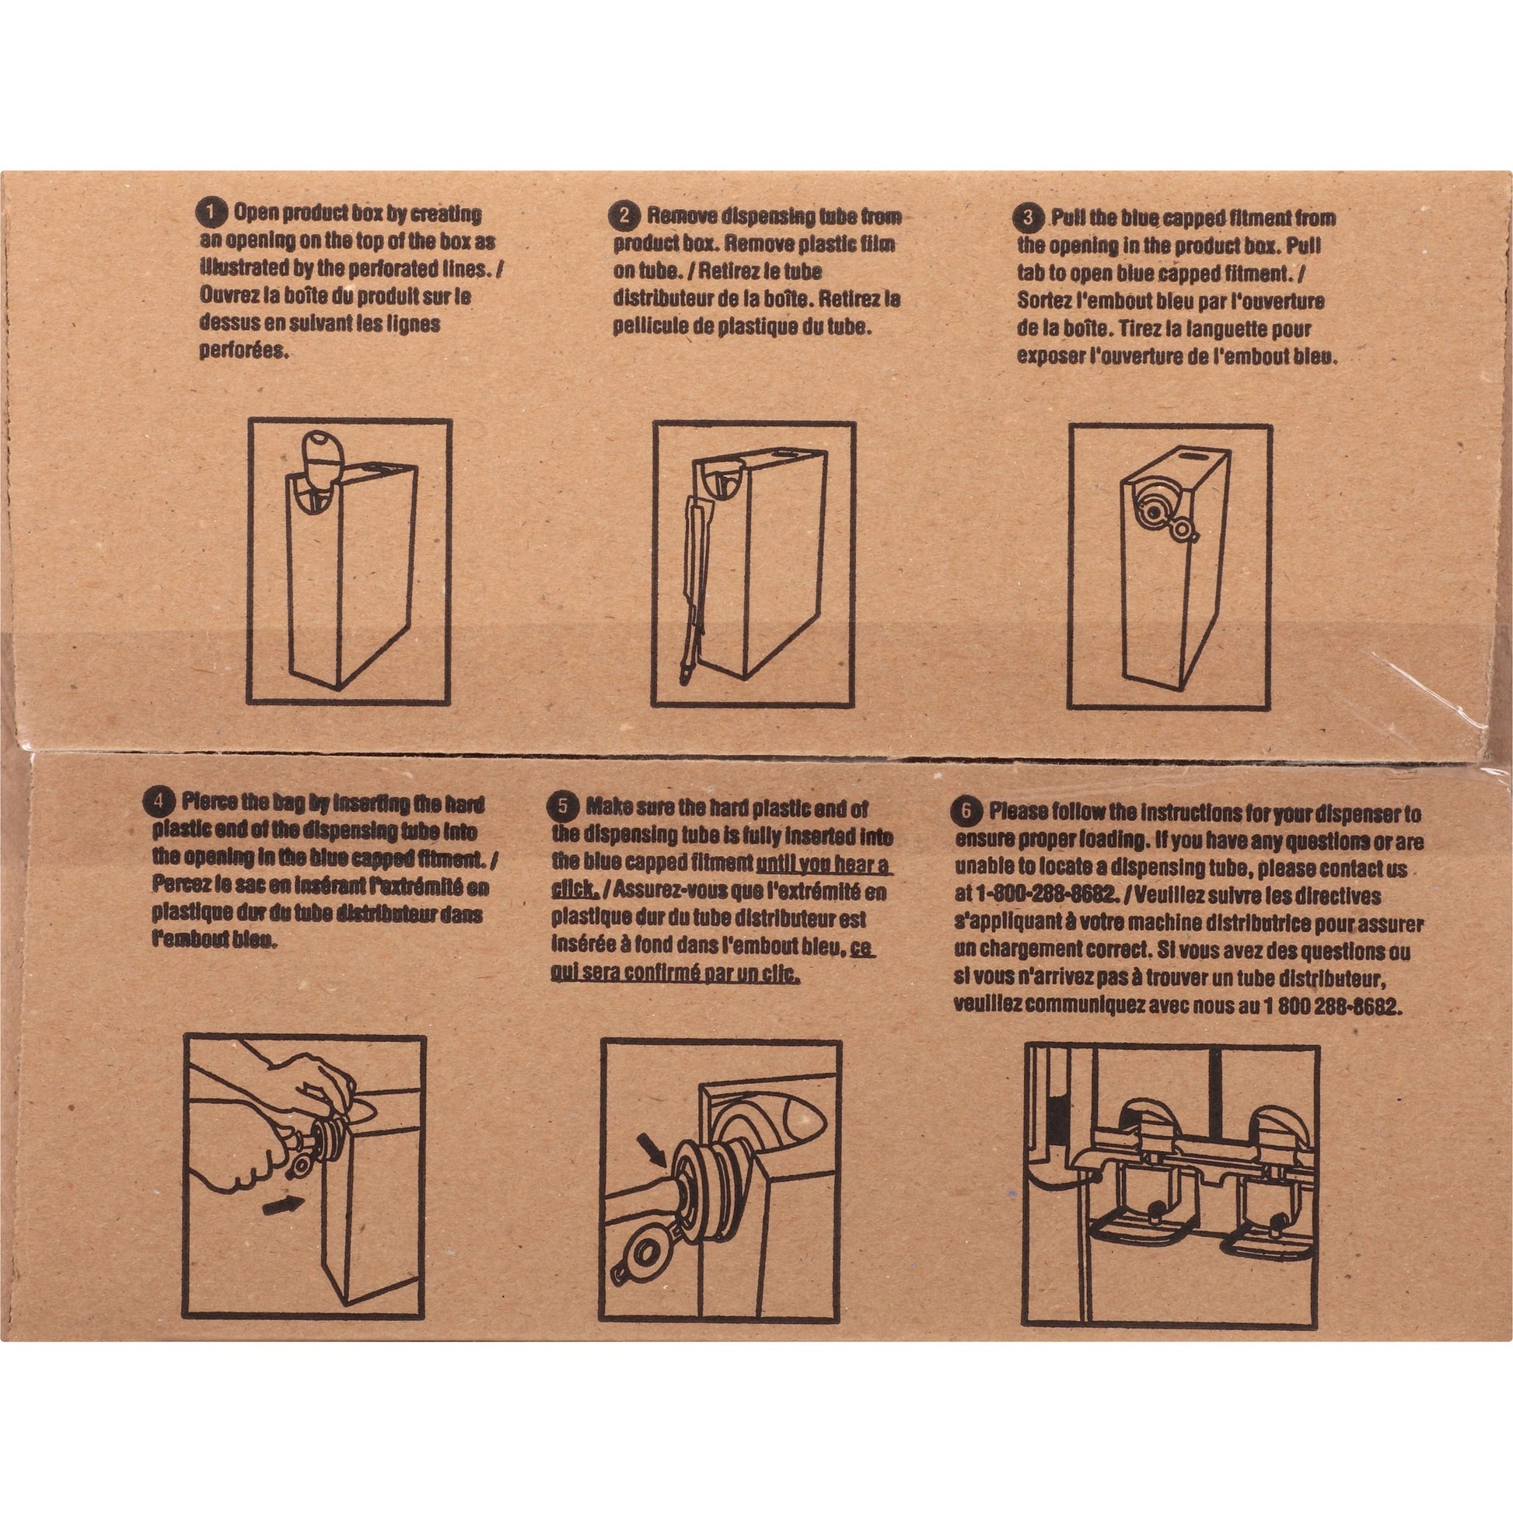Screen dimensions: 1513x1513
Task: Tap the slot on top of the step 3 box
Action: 1186,455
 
